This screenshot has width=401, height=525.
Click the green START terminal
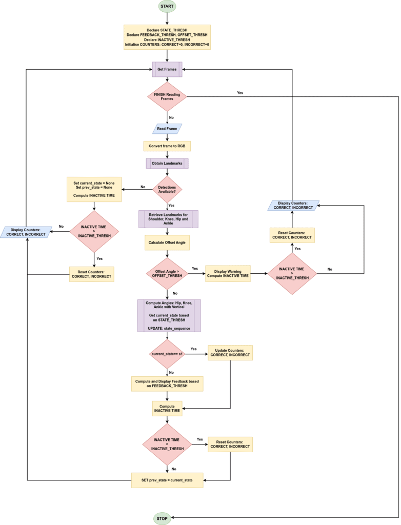tap(167, 7)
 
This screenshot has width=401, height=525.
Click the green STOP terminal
tap(163, 518)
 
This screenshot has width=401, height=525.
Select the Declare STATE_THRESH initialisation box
tap(167, 37)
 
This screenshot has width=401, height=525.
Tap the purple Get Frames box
tap(167, 69)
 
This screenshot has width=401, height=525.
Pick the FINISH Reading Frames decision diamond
tap(167, 96)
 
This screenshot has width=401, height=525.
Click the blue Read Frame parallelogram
tap(167, 128)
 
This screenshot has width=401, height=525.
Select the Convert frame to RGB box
tap(167, 146)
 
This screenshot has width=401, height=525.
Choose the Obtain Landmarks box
tap(167, 164)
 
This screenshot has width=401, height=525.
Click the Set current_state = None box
tap(94, 189)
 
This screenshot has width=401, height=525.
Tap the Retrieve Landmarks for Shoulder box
tap(168, 219)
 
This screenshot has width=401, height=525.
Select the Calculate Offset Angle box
tap(167, 243)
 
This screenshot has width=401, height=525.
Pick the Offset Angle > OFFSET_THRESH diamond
tap(167, 273)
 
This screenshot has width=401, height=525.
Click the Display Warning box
tap(228, 273)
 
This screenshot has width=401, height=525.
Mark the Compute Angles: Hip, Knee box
tap(169, 316)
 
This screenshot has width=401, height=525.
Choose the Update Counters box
tap(230, 352)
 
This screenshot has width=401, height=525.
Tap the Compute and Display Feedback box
tap(167, 383)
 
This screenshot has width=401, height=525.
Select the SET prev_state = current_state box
tap(167, 480)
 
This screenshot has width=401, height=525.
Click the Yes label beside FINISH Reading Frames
tap(240, 93)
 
